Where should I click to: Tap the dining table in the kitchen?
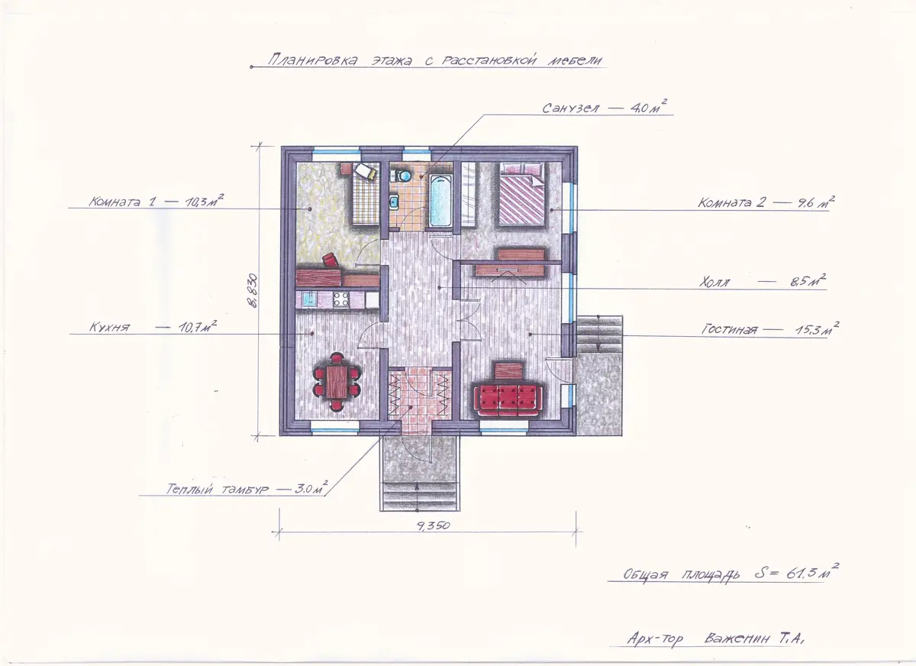pos(337,382)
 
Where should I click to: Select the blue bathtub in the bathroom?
pos(440,200)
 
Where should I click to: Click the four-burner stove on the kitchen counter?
pos(340,299)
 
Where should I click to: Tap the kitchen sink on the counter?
pos(309,299)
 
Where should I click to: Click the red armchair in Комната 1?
pos(330,260)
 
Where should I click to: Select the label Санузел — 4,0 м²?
pos(605,108)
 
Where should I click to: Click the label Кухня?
pos(109,328)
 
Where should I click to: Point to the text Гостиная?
pos(729,329)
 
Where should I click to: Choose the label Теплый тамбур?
pos(217,490)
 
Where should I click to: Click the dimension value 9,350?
pos(434,525)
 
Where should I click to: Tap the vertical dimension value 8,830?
pos(253,290)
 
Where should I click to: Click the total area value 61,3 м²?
pos(812,573)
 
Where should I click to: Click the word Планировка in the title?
pos(313,60)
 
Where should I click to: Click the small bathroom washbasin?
pos(395,202)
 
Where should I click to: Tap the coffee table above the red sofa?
pos(510,370)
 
